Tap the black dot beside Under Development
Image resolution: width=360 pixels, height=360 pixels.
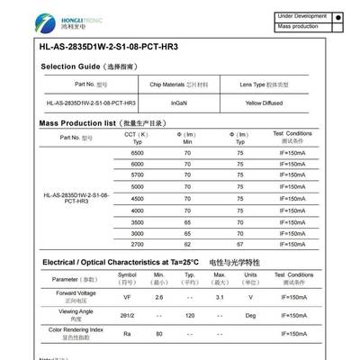tap(337, 16)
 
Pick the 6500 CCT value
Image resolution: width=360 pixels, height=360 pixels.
tap(137, 154)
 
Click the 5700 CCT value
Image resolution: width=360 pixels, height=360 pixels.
tap(137, 176)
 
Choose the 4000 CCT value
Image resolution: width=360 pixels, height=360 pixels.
tap(137, 210)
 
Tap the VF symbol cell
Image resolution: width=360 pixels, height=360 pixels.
tap(127, 296)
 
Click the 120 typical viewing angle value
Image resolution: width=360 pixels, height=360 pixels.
tap(190, 316)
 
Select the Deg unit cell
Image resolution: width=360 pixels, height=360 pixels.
tap(251, 316)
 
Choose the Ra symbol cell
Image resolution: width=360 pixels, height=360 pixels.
tap(127, 335)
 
